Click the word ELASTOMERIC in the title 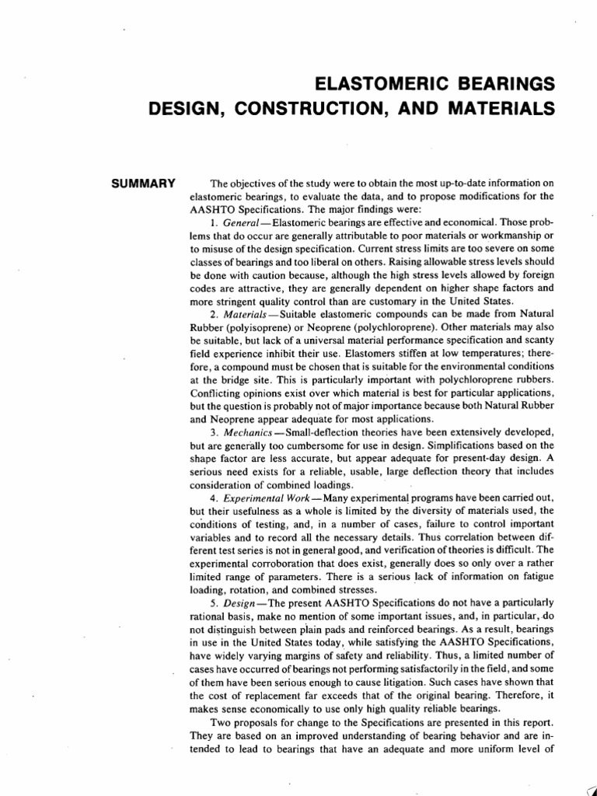(x=364, y=83)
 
